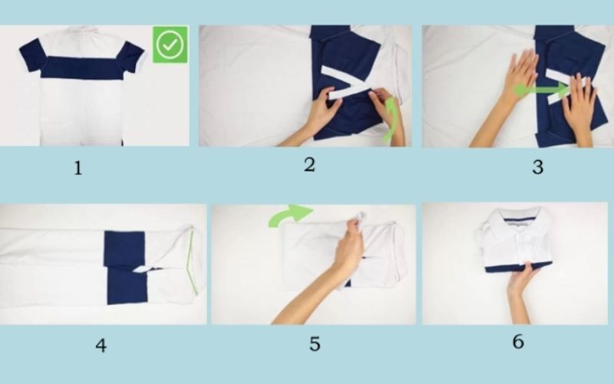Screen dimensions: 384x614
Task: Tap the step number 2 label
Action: [309, 164]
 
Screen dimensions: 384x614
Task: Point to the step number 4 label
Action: [101, 346]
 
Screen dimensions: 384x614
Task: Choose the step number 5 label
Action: [315, 344]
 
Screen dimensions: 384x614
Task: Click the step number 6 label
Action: [518, 342]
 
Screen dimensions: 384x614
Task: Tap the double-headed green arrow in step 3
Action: [542, 91]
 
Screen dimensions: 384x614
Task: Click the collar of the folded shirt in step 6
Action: [514, 223]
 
